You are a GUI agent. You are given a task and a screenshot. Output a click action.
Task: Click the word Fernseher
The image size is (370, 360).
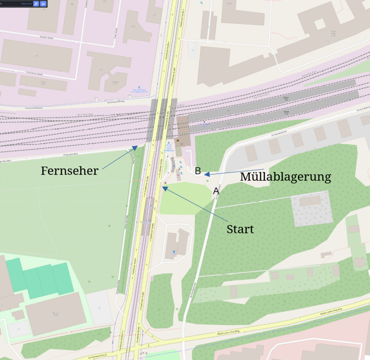click(x=70, y=171)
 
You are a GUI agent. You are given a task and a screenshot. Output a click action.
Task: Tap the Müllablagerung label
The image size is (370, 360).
click(x=285, y=177)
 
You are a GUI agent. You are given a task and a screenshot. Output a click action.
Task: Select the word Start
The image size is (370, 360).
click(x=240, y=229)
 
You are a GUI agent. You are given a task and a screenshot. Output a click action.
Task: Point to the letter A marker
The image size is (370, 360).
click(x=216, y=191)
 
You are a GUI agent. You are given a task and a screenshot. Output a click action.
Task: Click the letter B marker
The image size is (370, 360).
click(x=198, y=171)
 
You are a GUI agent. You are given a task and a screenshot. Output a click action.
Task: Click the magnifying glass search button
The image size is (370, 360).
click(x=36, y=3)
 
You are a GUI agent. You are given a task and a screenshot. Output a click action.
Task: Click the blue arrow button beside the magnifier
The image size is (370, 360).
click(x=44, y=3)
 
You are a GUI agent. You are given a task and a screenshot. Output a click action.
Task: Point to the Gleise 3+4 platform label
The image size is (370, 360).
click(x=287, y=99)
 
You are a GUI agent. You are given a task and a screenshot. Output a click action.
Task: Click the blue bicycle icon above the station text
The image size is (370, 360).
click(x=169, y=141)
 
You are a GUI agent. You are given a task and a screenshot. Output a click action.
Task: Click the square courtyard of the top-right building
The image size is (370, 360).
click(x=319, y=23)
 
